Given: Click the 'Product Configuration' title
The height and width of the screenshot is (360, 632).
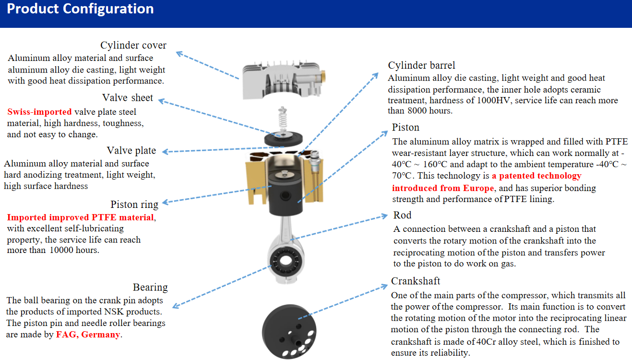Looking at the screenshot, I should pyautogui.click(x=80, y=9).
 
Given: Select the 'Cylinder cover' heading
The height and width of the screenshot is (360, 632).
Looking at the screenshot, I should pyautogui.click(x=133, y=46).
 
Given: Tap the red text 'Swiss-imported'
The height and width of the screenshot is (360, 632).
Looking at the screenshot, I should pyautogui.click(x=39, y=112).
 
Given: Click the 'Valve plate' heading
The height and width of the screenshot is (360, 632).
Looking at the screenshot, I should pyautogui.click(x=131, y=151).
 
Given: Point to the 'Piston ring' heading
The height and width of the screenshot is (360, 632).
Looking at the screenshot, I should pyautogui.click(x=134, y=204).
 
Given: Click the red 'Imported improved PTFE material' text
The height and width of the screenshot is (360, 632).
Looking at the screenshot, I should pyautogui.click(x=80, y=217).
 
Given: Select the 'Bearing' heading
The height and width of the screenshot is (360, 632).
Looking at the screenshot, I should pyautogui.click(x=150, y=288).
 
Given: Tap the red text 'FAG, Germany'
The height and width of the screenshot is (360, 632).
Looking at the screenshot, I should pyautogui.click(x=88, y=335).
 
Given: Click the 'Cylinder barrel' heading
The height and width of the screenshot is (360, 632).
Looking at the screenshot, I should pyautogui.click(x=421, y=65).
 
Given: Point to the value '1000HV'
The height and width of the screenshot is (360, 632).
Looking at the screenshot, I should pyautogui.click(x=491, y=101).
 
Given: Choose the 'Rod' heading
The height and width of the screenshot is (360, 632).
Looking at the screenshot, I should pyautogui.click(x=402, y=215).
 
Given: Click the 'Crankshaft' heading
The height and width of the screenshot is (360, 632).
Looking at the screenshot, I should pyautogui.click(x=415, y=281).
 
